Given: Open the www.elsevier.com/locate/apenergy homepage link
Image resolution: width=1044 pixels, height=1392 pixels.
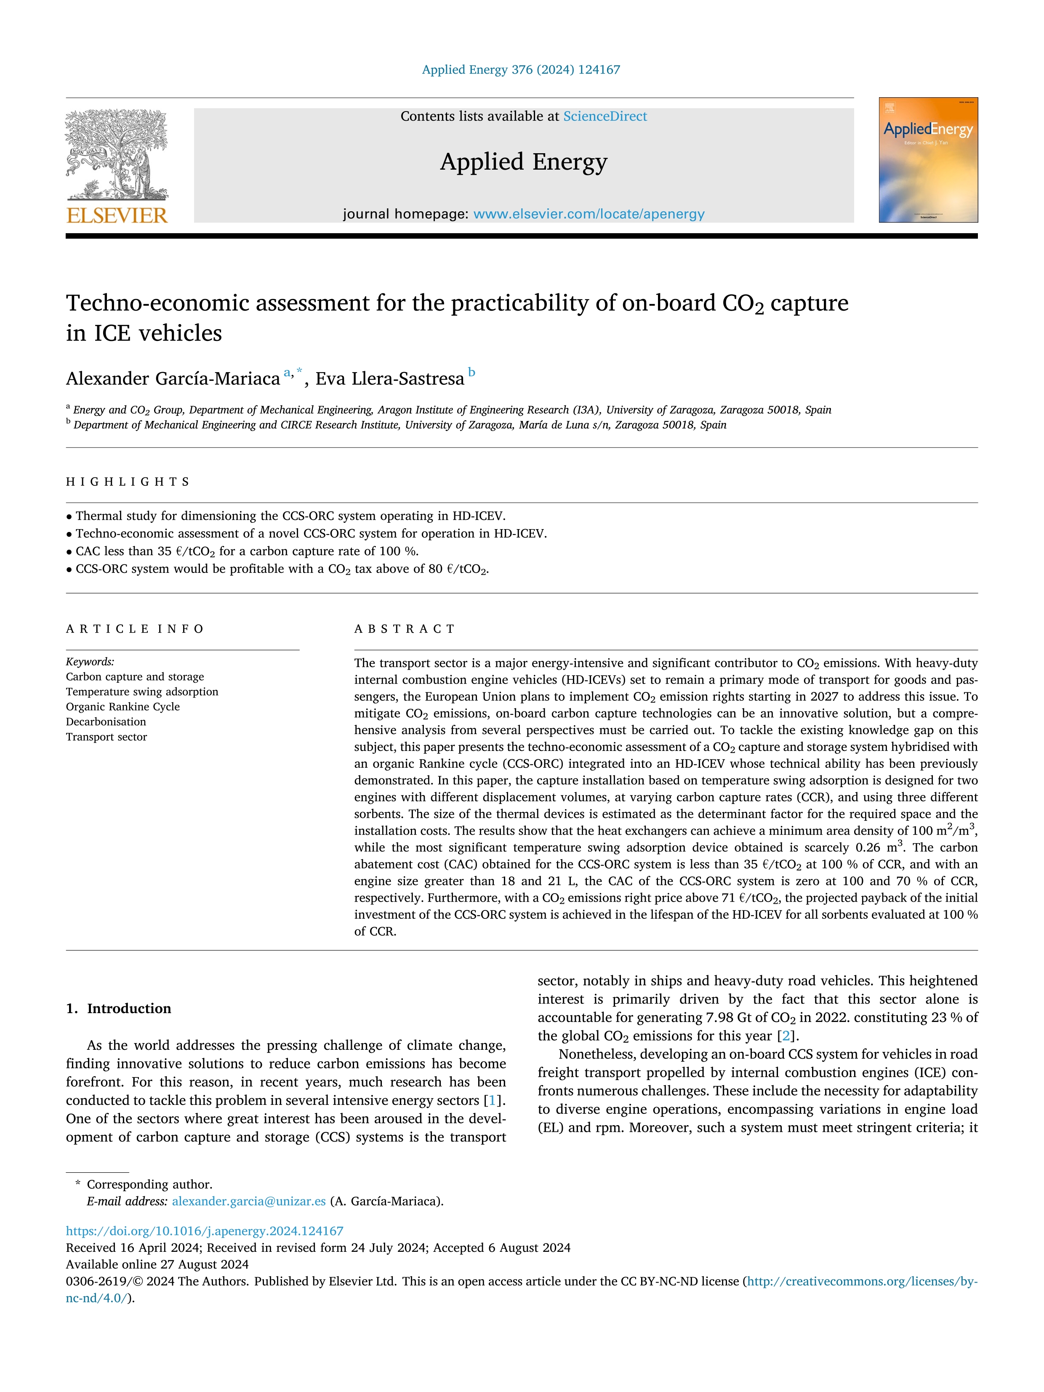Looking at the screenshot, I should pyautogui.click(x=589, y=214).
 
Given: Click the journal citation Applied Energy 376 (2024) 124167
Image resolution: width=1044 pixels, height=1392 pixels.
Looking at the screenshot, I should pyautogui.click(x=521, y=70).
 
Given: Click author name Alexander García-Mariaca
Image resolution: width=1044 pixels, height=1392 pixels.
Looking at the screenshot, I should pyautogui.click(x=173, y=379).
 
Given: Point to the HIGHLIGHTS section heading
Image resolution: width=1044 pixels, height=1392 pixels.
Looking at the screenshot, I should pyautogui.click(x=128, y=482).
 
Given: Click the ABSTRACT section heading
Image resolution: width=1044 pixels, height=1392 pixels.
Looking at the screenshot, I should pyautogui.click(x=405, y=629).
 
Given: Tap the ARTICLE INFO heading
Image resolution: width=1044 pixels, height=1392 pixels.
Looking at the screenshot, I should pyautogui.click(x=135, y=629).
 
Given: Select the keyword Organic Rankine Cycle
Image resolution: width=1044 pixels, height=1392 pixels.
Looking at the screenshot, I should pyautogui.click(x=123, y=707).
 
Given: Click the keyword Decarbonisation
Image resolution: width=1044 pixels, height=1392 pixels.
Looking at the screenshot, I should pyautogui.click(x=106, y=722).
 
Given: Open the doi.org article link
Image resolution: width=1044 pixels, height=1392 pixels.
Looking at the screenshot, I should pyautogui.click(x=205, y=1231).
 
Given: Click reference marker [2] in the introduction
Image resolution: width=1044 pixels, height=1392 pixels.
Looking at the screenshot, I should pyautogui.click(x=786, y=1036).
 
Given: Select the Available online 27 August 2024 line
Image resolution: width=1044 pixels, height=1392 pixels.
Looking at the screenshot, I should pyautogui.click(x=157, y=1264).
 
